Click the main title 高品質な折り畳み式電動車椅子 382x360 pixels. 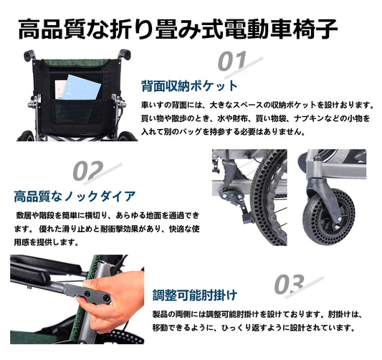pos(178,29)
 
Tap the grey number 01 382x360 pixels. pos(232,61)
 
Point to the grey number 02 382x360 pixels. pos(88,170)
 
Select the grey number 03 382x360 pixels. pos(290,284)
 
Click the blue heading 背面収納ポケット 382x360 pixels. pos(189,86)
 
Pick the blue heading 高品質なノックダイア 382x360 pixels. pos(75,196)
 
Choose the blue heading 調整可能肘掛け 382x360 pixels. pos(195,295)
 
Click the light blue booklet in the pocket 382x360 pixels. pos(81,88)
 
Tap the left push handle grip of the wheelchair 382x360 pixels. pos(29,55)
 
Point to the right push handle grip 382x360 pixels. pos(125,54)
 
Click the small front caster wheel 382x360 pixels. pos(328,216)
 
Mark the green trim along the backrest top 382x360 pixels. pos(76,63)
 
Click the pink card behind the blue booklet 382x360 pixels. pos(60,90)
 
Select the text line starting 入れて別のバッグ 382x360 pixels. pos(223,132)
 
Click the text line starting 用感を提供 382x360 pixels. pos(46,242)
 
